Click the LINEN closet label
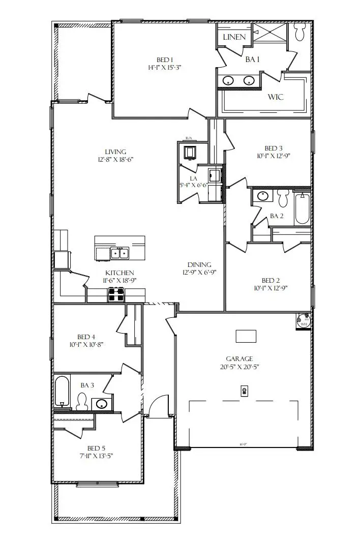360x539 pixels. point(234,37)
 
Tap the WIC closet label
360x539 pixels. point(276,97)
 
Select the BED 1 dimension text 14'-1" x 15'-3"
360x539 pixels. point(164,67)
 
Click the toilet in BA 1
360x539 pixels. point(299,33)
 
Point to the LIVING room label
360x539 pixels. point(115,152)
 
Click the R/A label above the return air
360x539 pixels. point(189,138)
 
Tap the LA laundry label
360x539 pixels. point(193,178)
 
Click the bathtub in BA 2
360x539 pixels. point(302,207)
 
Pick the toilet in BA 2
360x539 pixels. point(283,196)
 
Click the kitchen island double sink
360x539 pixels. point(121,252)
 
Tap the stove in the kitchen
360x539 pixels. point(115,293)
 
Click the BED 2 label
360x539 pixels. point(271,280)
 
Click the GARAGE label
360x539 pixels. point(239,358)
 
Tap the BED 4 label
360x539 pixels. point(86,337)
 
